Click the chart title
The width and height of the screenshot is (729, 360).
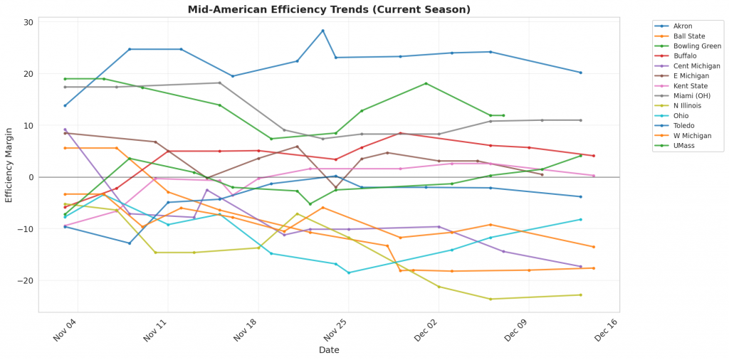(329, 9)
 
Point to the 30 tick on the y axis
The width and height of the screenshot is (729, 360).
(28, 23)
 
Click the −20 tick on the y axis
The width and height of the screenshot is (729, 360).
(26, 280)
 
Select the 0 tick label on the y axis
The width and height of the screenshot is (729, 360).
(31, 177)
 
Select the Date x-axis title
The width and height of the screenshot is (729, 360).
(329, 350)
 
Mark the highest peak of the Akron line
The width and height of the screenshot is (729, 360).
(322, 31)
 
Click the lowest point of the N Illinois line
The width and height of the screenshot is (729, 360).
(491, 299)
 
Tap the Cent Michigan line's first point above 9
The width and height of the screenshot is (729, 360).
(65, 129)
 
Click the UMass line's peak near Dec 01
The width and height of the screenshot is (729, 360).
(426, 83)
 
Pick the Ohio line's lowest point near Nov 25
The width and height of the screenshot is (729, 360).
(348, 272)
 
